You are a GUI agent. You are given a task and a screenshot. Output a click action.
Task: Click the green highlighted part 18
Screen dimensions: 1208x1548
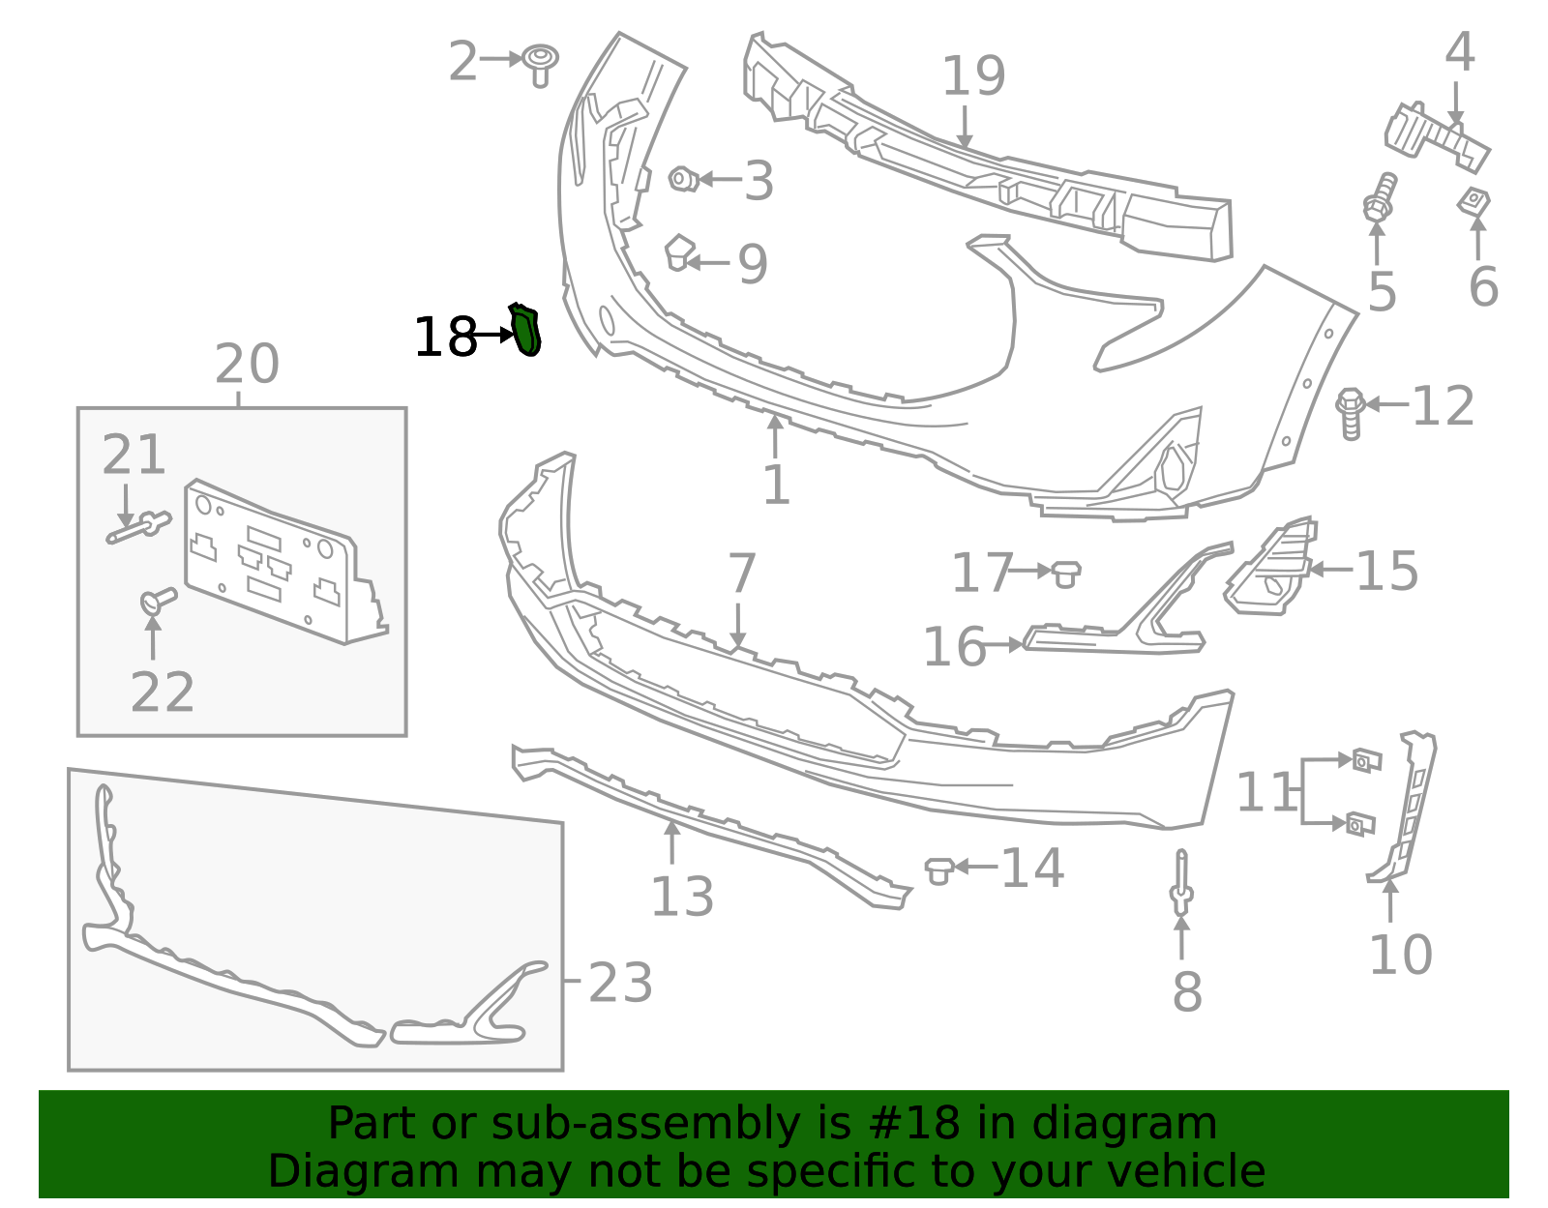click(525, 330)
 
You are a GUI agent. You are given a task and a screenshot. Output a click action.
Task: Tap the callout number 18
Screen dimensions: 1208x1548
click(444, 338)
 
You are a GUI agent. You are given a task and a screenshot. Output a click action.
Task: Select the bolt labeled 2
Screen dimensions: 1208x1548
click(541, 63)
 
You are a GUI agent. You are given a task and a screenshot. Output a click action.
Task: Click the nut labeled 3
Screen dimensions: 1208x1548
click(683, 179)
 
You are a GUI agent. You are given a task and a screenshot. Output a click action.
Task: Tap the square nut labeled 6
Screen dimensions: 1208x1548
click(1474, 202)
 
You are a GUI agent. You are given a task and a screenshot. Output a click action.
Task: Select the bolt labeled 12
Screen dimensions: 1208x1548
click(1351, 413)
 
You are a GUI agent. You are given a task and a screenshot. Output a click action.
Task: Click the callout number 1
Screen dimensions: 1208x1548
click(776, 485)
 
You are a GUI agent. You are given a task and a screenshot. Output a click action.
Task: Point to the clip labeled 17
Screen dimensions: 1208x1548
click(1065, 573)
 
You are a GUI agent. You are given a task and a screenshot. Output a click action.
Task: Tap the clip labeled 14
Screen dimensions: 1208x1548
click(938, 869)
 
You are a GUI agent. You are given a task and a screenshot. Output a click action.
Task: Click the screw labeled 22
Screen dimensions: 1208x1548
click(158, 601)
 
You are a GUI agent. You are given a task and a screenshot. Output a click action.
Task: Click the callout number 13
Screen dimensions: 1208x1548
click(682, 897)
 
